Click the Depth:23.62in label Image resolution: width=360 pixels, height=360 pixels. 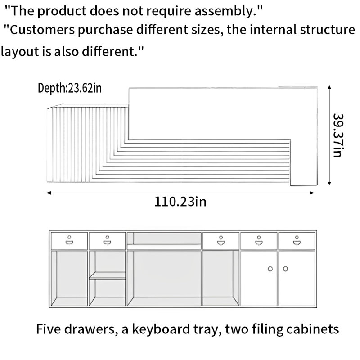70,88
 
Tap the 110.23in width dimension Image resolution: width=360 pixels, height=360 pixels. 180,202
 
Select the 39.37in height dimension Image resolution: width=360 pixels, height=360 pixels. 338,135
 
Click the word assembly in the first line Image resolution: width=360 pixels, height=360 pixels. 228,11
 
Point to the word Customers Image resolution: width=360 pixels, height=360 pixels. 42,30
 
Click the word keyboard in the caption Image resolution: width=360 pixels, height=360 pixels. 161,329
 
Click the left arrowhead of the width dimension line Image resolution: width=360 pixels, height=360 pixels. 49,193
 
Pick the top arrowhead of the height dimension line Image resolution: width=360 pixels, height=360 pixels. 329,88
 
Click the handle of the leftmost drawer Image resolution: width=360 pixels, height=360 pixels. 69,240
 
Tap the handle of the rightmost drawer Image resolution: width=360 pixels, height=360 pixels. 297,240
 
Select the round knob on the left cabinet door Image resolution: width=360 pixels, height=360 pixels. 270,269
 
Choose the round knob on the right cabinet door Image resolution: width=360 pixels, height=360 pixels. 285,269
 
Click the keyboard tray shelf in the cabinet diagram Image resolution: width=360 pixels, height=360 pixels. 164,247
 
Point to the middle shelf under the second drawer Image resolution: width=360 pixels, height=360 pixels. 107,275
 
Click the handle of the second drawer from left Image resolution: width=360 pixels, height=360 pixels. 107,240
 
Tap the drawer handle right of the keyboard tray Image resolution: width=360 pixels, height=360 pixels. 221,240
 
